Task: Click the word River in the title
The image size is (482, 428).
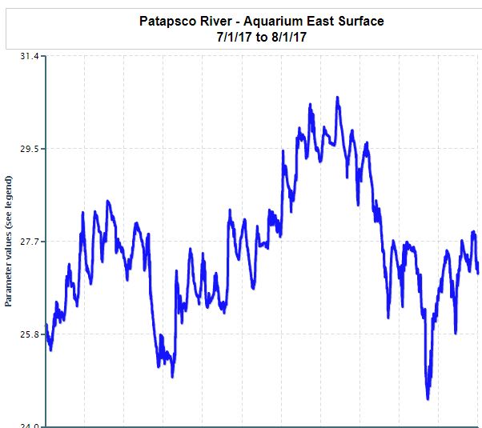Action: coord(218,21)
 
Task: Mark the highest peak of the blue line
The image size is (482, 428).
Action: coord(337,98)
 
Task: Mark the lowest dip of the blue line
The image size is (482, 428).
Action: coord(428,397)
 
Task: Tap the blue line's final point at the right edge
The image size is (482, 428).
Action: coord(478,273)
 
